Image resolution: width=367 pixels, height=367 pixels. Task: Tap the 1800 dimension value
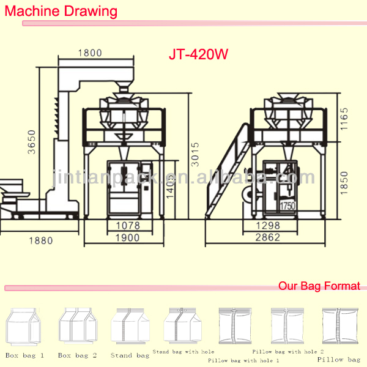click(x=90, y=53)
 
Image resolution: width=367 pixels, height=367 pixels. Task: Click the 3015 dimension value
click(x=195, y=152)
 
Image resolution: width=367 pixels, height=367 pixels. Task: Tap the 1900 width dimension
click(x=127, y=237)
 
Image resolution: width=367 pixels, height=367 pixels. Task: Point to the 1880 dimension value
click(x=41, y=240)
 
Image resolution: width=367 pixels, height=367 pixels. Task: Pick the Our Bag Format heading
click(x=319, y=286)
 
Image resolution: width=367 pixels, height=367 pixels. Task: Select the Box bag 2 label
click(x=77, y=355)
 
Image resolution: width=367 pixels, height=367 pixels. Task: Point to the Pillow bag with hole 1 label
click(x=240, y=360)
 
